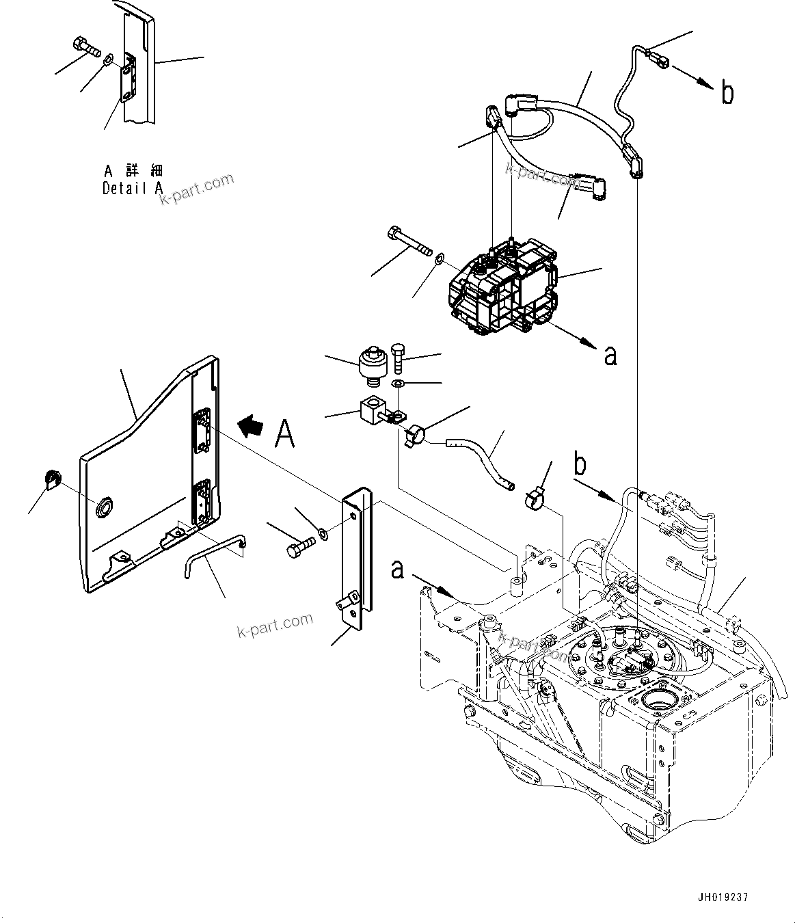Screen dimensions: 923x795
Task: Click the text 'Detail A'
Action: [x=133, y=189]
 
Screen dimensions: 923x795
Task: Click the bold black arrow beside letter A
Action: [x=251, y=427]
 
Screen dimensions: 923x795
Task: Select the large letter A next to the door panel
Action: [x=285, y=433]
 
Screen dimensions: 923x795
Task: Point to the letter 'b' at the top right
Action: [x=727, y=93]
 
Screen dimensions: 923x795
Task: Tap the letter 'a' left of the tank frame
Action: [x=398, y=569]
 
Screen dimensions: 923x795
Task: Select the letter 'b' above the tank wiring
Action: [x=580, y=465]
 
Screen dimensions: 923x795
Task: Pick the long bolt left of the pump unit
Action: [x=408, y=243]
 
